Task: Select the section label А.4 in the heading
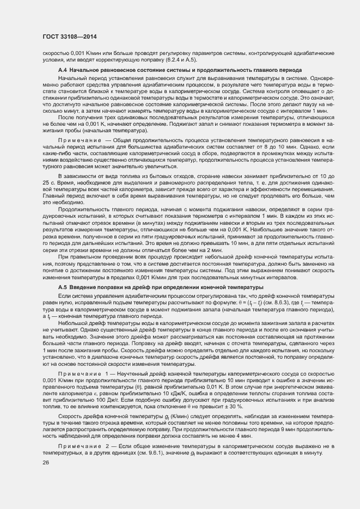[62, 71]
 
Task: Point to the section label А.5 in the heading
[62, 287]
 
